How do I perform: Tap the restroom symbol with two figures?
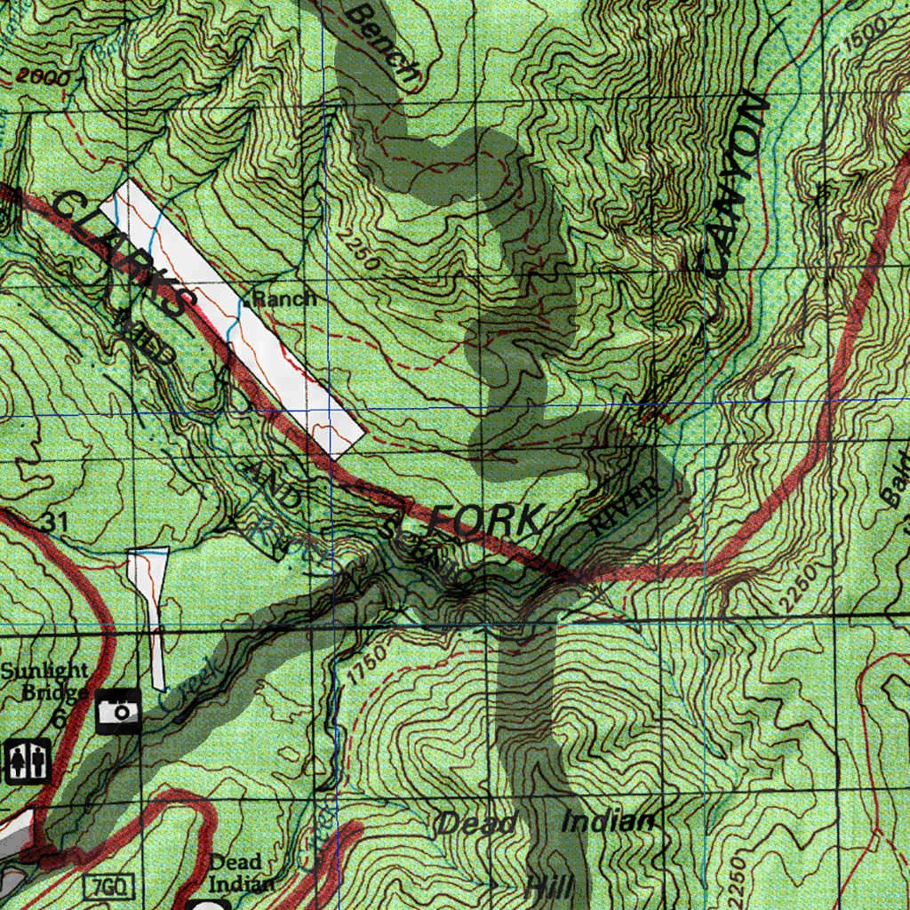[28, 761]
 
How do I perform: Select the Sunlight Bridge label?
[44, 681]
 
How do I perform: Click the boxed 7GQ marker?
[109, 884]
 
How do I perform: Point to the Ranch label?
[283, 299]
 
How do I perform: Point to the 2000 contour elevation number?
[42, 79]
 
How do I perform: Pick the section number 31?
[54, 522]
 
